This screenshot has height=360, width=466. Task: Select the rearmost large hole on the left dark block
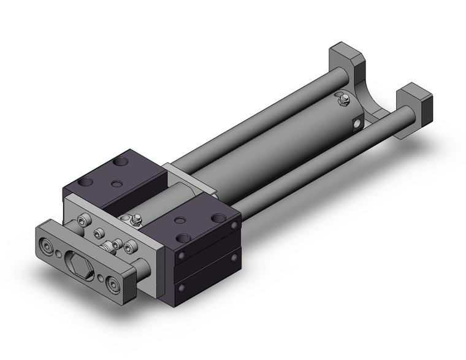click(121, 161)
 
